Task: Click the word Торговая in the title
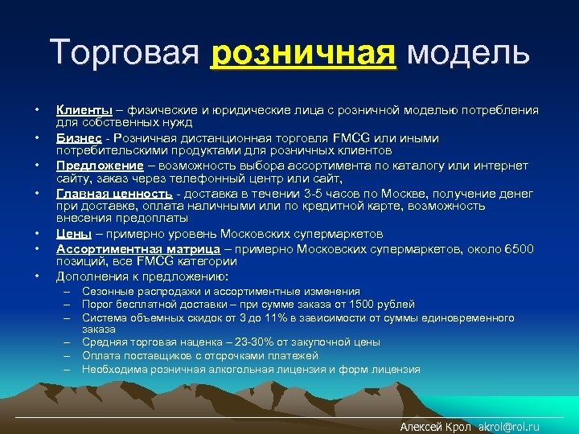(124, 53)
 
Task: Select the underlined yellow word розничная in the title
(303, 54)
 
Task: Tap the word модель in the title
(468, 53)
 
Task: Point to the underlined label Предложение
(94, 166)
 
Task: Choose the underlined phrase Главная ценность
(113, 194)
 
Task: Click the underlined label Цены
(72, 234)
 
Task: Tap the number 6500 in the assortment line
(519, 249)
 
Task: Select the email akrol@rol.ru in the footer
(509, 427)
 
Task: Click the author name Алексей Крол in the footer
(435, 427)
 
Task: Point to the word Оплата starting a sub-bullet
(100, 356)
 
